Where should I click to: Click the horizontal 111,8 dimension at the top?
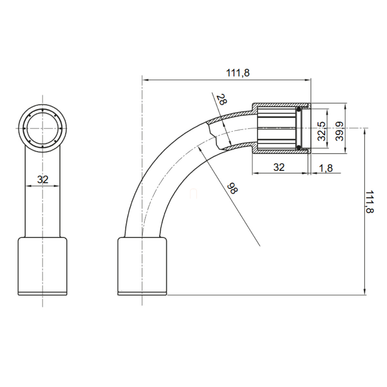click(x=238, y=73)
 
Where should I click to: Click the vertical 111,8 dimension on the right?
click(x=369, y=202)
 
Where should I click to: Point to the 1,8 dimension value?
click(x=326, y=168)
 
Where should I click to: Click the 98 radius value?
click(x=232, y=188)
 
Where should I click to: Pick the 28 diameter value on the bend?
click(x=221, y=99)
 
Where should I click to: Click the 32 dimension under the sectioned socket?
click(x=279, y=167)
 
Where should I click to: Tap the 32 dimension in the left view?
click(x=43, y=179)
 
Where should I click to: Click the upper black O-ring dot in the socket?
click(x=299, y=110)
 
